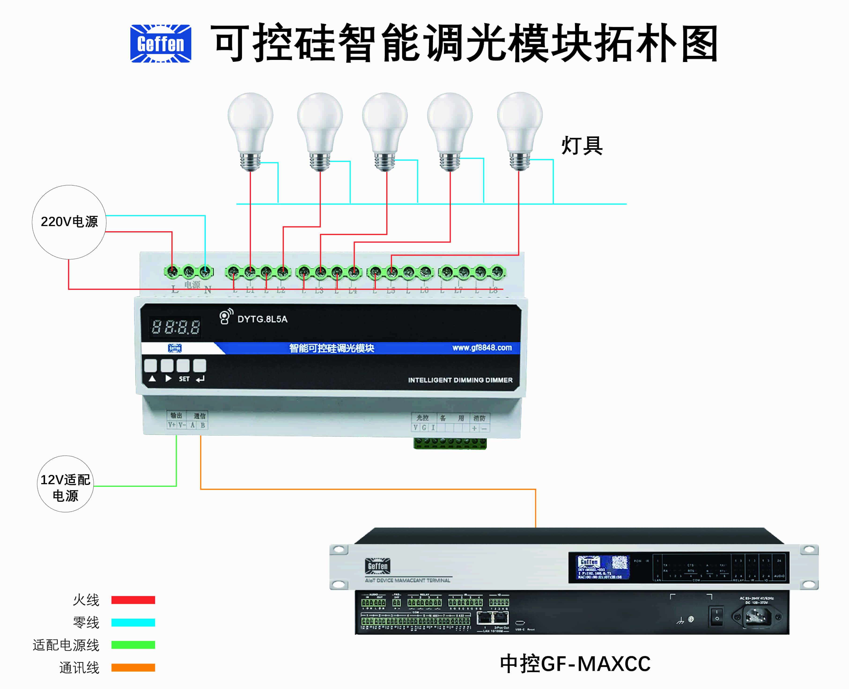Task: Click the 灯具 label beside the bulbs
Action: pos(582,146)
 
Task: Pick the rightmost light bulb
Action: pos(520,131)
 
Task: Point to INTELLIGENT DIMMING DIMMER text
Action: pos(460,380)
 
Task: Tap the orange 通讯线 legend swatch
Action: pos(133,667)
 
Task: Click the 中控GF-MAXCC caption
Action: pos(575,663)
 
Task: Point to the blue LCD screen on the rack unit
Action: pos(602,567)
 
